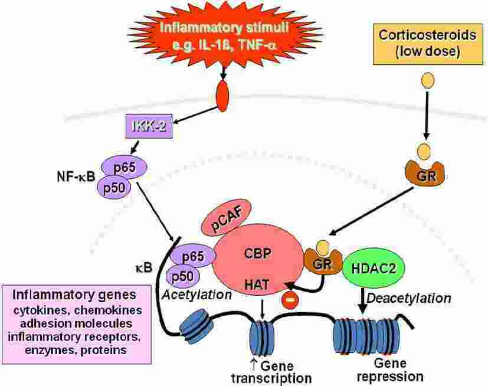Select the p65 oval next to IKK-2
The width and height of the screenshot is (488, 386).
pyautogui.click(x=125, y=168)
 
